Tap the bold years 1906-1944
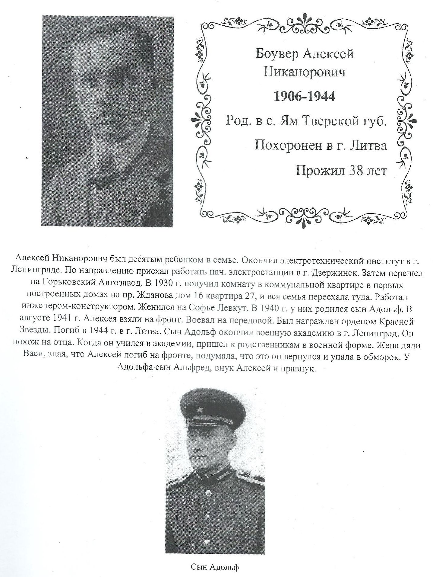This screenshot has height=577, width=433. pyautogui.click(x=304, y=97)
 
